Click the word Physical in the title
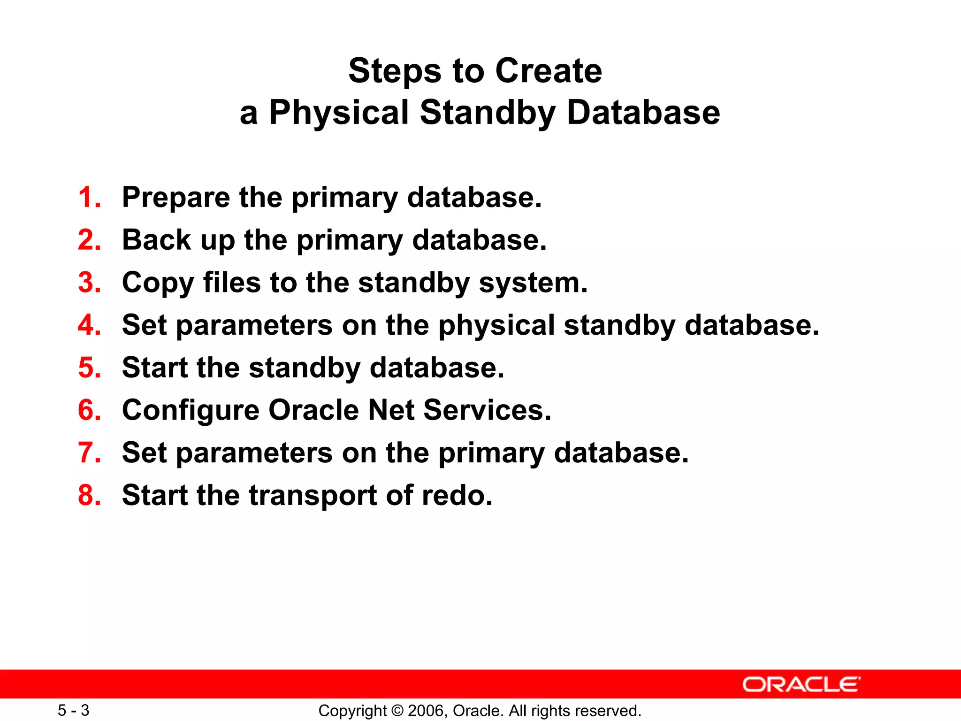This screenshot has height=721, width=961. click(339, 113)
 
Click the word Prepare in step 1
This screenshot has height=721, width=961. click(176, 198)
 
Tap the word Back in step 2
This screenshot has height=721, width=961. click(156, 240)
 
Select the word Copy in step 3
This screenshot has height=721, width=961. click(158, 284)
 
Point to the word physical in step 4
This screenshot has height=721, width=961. click(496, 326)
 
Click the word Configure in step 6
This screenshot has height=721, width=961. click(190, 411)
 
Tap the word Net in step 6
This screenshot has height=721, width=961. click(391, 410)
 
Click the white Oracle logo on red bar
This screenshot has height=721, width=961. click(801, 684)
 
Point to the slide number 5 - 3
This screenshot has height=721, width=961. click(73, 710)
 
